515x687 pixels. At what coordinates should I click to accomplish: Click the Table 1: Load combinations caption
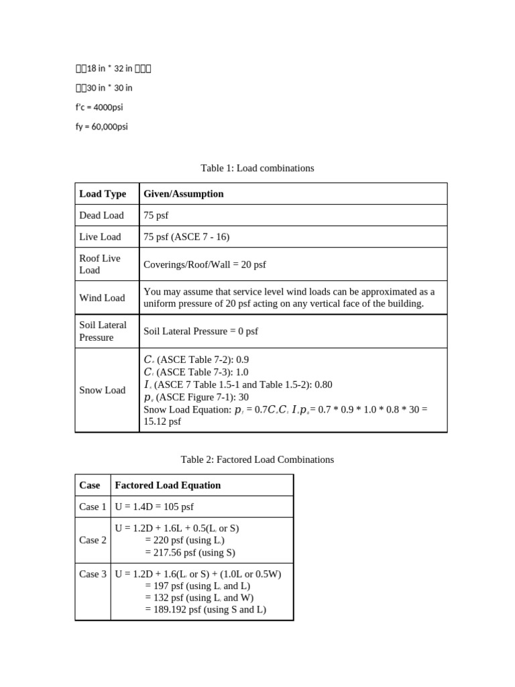(x=257, y=168)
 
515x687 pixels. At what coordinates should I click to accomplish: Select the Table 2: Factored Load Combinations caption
(x=257, y=460)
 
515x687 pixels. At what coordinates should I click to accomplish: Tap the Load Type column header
(x=103, y=194)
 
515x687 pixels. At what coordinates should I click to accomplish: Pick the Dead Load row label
(x=101, y=215)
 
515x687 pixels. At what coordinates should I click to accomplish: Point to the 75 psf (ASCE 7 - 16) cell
(x=186, y=237)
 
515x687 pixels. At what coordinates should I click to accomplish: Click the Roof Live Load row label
(x=100, y=264)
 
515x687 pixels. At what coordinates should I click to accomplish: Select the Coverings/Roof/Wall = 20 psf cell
(x=205, y=265)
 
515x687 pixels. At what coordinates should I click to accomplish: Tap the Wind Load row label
(x=102, y=298)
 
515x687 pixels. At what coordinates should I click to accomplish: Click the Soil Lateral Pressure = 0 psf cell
(x=201, y=331)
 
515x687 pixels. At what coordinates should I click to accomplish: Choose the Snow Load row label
(x=103, y=390)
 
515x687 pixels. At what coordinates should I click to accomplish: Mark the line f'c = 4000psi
(x=99, y=107)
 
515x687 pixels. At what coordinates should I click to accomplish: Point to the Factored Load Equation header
(x=168, y=485)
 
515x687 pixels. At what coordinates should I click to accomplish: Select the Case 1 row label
(x=93, y=507)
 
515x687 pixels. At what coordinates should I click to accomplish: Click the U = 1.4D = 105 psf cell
(x=154, y=507)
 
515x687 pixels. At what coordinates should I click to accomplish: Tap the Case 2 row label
(x=93, y=540)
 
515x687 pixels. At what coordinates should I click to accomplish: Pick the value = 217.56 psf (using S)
(x=190, y=553)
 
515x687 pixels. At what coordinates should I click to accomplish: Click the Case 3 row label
(x=93, y=574)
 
